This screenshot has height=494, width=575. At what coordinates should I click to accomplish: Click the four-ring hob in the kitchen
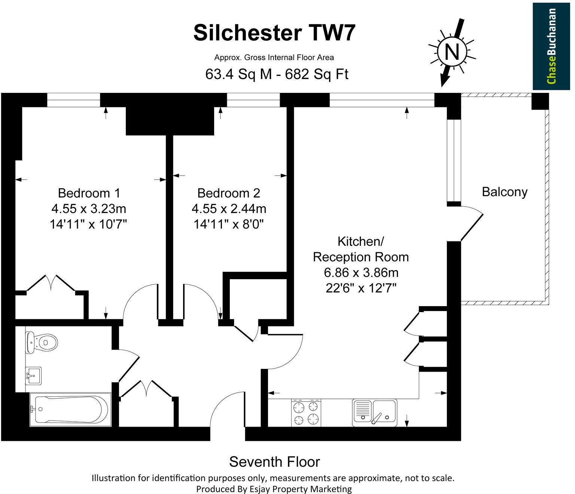306,413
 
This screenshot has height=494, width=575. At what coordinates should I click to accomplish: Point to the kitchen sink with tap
374,413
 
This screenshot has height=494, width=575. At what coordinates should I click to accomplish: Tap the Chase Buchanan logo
551,46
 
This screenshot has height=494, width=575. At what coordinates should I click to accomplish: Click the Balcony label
504,192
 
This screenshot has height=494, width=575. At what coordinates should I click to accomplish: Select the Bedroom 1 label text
89,193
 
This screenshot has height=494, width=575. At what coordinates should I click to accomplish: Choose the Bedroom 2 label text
228,193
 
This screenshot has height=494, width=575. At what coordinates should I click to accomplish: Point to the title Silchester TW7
274,33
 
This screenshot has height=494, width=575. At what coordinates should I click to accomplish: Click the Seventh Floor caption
274,462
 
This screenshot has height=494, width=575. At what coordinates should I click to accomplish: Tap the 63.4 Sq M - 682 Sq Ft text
277,74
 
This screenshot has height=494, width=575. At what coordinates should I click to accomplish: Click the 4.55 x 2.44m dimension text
229,208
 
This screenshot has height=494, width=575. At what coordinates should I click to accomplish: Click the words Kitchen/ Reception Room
360,249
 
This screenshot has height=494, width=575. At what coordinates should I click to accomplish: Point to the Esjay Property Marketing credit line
274,488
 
